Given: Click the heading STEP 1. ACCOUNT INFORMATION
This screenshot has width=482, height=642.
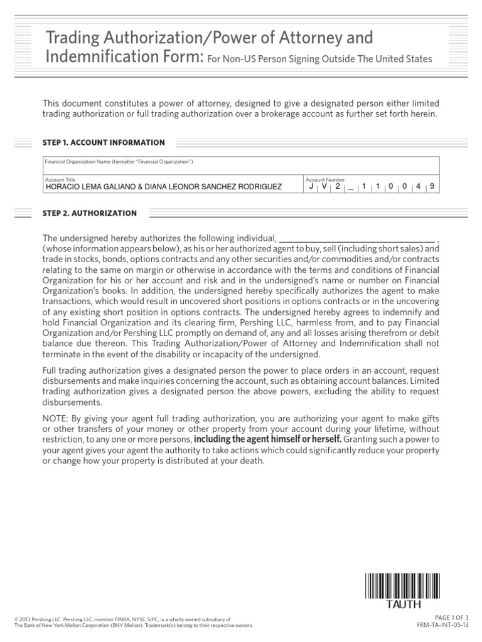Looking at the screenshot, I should click(x=104, y=142).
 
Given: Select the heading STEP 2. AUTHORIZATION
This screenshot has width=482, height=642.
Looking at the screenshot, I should click(x=89, y=213).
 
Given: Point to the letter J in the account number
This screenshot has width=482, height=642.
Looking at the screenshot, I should click(x=312, y=186).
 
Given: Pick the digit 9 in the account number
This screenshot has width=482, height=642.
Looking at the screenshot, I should click(x=431, y=186).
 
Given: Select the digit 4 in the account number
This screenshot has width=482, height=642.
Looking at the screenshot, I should click(x=417, y=186).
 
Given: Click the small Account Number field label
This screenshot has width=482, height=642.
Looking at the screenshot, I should click(x=324, y=179).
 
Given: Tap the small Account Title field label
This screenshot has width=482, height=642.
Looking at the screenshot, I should click(x=56, y=179).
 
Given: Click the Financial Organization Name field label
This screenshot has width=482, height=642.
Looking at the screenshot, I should click(x=118, y=162).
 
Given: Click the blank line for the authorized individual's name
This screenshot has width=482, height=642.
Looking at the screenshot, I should click(x=356, y=238).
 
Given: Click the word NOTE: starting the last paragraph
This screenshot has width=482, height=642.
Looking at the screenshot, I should click(x=55, y=418).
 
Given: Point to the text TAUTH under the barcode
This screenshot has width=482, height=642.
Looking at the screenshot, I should click(x=395, y=605).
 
